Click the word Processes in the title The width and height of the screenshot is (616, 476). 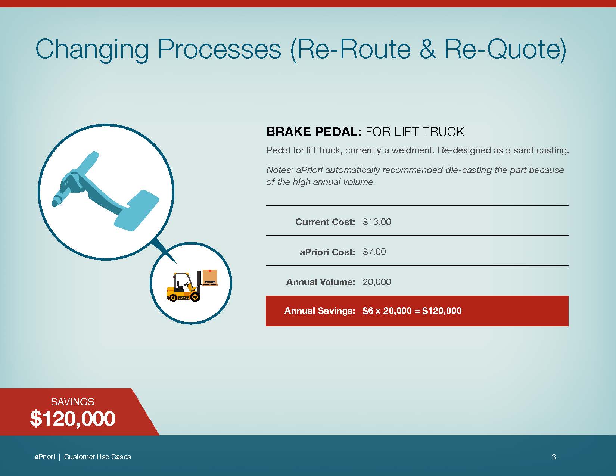coord(219,49)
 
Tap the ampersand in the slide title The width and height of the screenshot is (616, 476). coord(427,49)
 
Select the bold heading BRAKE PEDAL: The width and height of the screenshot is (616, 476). coord(314,132)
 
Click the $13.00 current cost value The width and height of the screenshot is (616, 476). coord(377,222)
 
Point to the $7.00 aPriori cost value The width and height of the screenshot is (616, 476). coord(374,252)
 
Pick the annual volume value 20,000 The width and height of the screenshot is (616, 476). coord(377,282)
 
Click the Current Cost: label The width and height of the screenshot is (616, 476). coord(325,222)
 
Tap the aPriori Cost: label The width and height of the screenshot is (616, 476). coord(327,252)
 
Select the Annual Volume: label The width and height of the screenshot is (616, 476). coord(321,282)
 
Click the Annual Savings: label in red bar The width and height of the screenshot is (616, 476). coord(320,311)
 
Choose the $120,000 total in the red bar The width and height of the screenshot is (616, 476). coord(442,311)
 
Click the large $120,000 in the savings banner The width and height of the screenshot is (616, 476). coord(72,419)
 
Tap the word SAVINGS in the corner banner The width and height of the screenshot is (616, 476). coord(72,402)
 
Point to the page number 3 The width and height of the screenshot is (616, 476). coord(554,457)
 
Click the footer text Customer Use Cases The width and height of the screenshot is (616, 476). coord(97,457)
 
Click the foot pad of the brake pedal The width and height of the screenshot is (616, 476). coord(137,210)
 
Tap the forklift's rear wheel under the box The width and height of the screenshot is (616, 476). coord(195,296)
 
